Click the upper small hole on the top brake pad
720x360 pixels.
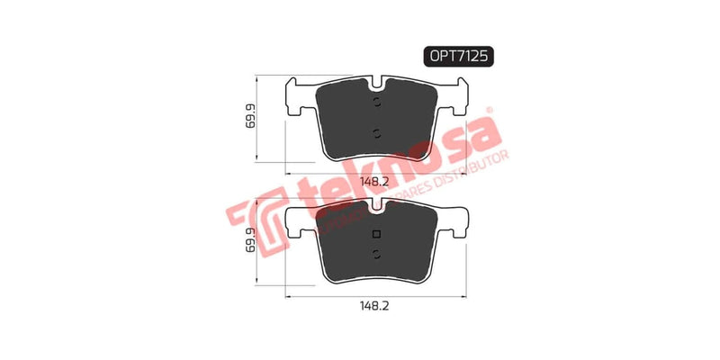click(x=375, y=102)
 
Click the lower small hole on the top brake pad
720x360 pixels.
click(x=375, y=134)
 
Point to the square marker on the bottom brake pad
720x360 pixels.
click(x=376, y=236)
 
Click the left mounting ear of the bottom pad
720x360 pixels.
click(x=296, y=225)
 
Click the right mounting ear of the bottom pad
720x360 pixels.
click(x=459, y=225)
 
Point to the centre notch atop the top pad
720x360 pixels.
click(x=377, y=86)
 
